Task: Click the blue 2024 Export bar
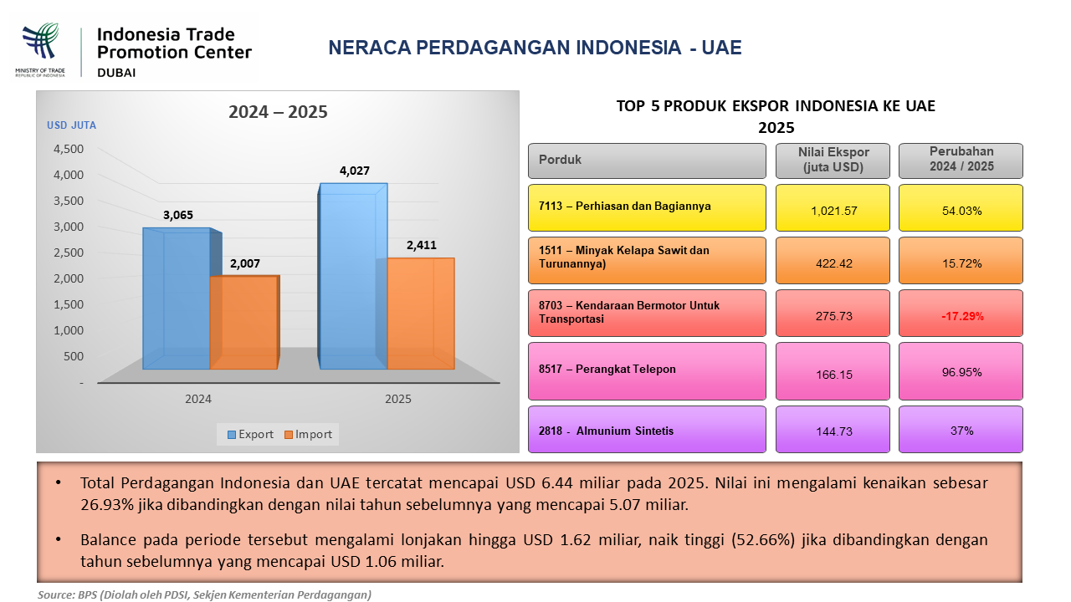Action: tap(177, 298)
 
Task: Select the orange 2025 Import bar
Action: tap(421, 314)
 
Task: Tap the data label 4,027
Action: tap(354, 171)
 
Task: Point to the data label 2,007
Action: tap(245, 263)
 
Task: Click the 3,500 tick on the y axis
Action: tap(69, 201)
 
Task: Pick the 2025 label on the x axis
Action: tap(397, 399)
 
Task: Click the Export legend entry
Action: tap(250, 434)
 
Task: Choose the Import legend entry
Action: tap(308, 434)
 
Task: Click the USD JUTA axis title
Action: tap(71, 125)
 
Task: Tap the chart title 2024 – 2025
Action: tap(278, 112)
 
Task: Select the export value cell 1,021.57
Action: tap(833, 208)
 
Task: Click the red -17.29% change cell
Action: tap(961, 314)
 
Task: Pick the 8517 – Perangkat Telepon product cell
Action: tap(647, 371)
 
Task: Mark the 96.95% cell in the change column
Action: tap(961, 371)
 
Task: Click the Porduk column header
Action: tap(647, 161)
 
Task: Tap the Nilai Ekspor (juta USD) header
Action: tap(833, 161)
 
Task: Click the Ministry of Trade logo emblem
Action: tap(41, 42)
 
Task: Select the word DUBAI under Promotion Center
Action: tap(116, 73)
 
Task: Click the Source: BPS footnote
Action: tap(205, 594)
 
